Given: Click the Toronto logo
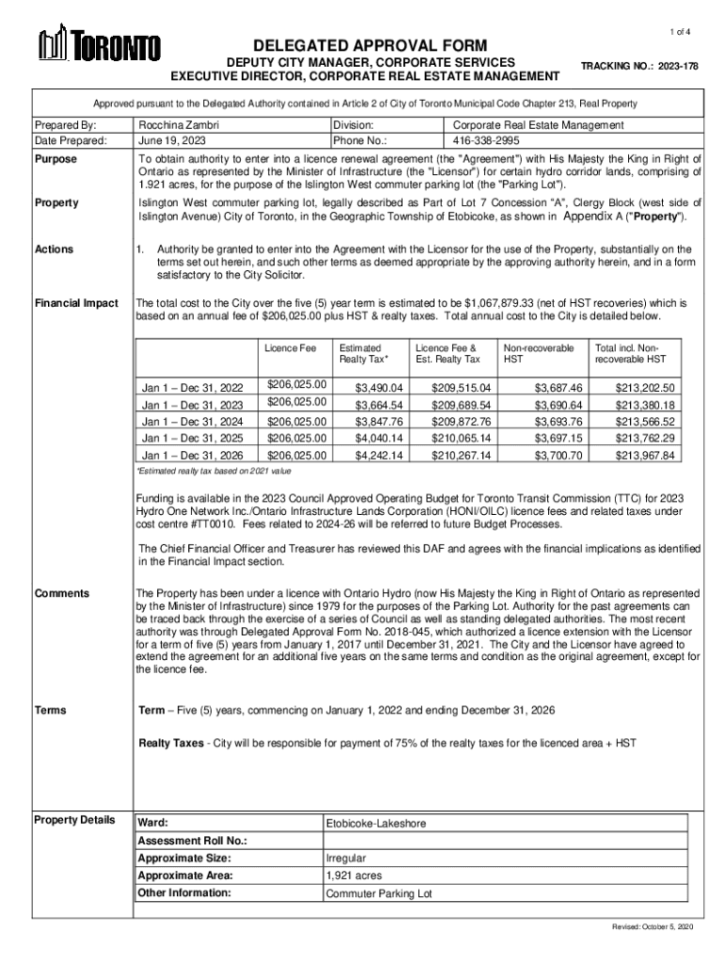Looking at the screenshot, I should [x=98, y=43].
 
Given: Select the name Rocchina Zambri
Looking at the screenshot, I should [x=179, y=124].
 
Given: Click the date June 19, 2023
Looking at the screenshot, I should [x=171, y=140].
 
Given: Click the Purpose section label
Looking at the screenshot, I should [x=56, y=159].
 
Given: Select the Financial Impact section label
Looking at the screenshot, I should [x=76, y=303].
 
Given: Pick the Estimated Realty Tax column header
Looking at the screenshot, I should [x=363, y=354].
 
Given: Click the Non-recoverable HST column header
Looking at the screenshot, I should [x=539, y=354].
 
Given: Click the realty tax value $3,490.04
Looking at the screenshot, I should [x=379, y=388].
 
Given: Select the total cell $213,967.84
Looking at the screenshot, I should [x=645, y=456].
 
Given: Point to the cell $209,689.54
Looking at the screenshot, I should [x=461, y=405].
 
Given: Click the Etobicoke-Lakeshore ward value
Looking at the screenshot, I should [x=376, y=824].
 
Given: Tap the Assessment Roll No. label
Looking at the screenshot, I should [x=192, y=841].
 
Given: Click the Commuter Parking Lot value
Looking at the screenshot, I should [x=379, y=893].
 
